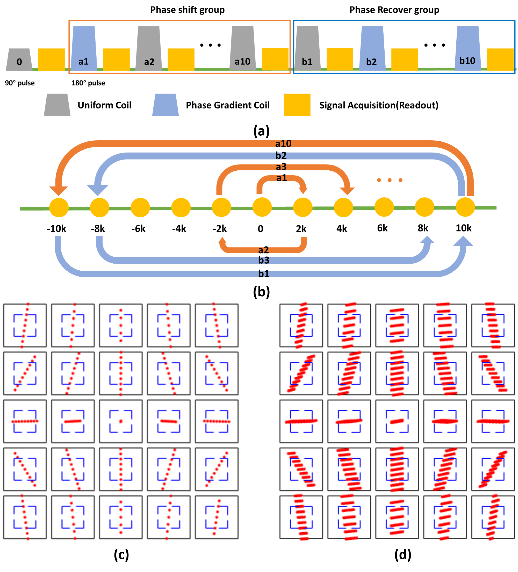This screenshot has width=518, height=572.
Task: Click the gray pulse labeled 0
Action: [19, 60]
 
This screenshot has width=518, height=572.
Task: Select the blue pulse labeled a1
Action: [84, 48]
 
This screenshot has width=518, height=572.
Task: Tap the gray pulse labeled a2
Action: [149, 48]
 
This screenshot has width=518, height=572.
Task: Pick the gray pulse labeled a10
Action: [242, 48]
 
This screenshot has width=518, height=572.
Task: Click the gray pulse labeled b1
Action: [307, 48]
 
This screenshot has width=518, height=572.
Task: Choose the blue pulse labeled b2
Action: [372, 48]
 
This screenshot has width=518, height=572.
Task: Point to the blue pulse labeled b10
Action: [467, 48]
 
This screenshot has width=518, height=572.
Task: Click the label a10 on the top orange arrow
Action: [283, 144]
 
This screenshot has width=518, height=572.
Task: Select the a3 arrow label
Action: [281, 167]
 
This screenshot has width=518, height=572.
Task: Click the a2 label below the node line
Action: [263, 250]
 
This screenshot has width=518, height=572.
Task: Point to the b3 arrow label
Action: [264, 260]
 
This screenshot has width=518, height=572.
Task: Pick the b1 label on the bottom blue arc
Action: [264, 274]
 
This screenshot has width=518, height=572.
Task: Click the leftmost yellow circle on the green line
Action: [59, 207]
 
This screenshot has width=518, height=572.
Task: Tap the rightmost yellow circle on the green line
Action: [465, 207]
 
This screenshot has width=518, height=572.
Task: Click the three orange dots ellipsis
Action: [390, 180]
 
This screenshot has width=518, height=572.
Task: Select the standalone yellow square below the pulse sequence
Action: [297, 105]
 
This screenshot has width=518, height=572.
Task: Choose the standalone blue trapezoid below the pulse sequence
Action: [166, 105]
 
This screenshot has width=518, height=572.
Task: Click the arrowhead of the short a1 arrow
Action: [304, 190]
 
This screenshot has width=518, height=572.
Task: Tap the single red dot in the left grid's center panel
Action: [121, 421]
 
